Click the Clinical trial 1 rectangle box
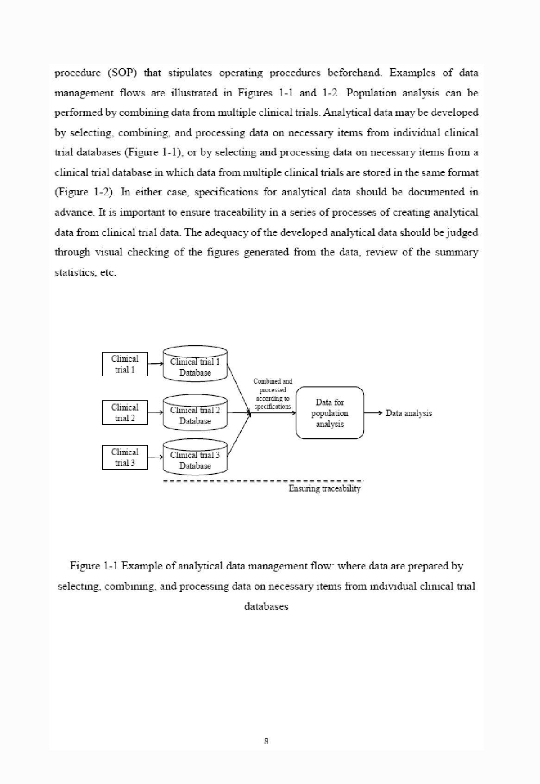[x=125, y=364]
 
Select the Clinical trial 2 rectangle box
[x=125, y=413]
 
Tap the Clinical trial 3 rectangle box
[x=125, y=458]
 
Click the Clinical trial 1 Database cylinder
[x=195, y=365]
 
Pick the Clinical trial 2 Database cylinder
[x=195, y=414]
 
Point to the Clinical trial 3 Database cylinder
[x=195, y=459]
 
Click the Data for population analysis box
[x=330, y=413]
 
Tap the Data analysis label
[x=408, y=413]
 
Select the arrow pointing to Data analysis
[x=373, y=413]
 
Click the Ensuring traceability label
[x=324, y=489]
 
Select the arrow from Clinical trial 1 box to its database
[x=155, y=364]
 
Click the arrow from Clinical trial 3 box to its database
[x=155, y=457]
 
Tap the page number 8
[x=266, y=741]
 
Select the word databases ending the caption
[x=266, y=606]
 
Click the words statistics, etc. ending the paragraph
[x=85, y=273]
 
